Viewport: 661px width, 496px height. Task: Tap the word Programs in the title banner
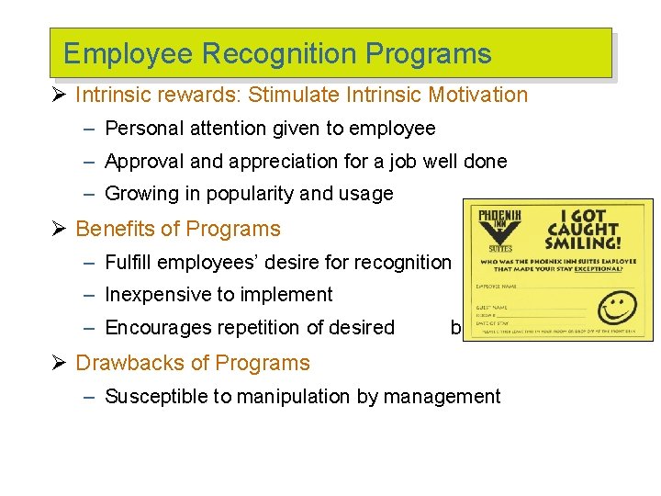pos(429,54)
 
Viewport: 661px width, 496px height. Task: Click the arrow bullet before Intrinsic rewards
pos(62,96)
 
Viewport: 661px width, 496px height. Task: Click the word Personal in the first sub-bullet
pos(143,129)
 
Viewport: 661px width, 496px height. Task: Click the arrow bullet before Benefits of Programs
pos(62,229)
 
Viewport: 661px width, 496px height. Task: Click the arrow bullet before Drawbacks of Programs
pos(62,363)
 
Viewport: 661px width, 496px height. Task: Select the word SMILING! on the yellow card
pos(584,243)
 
